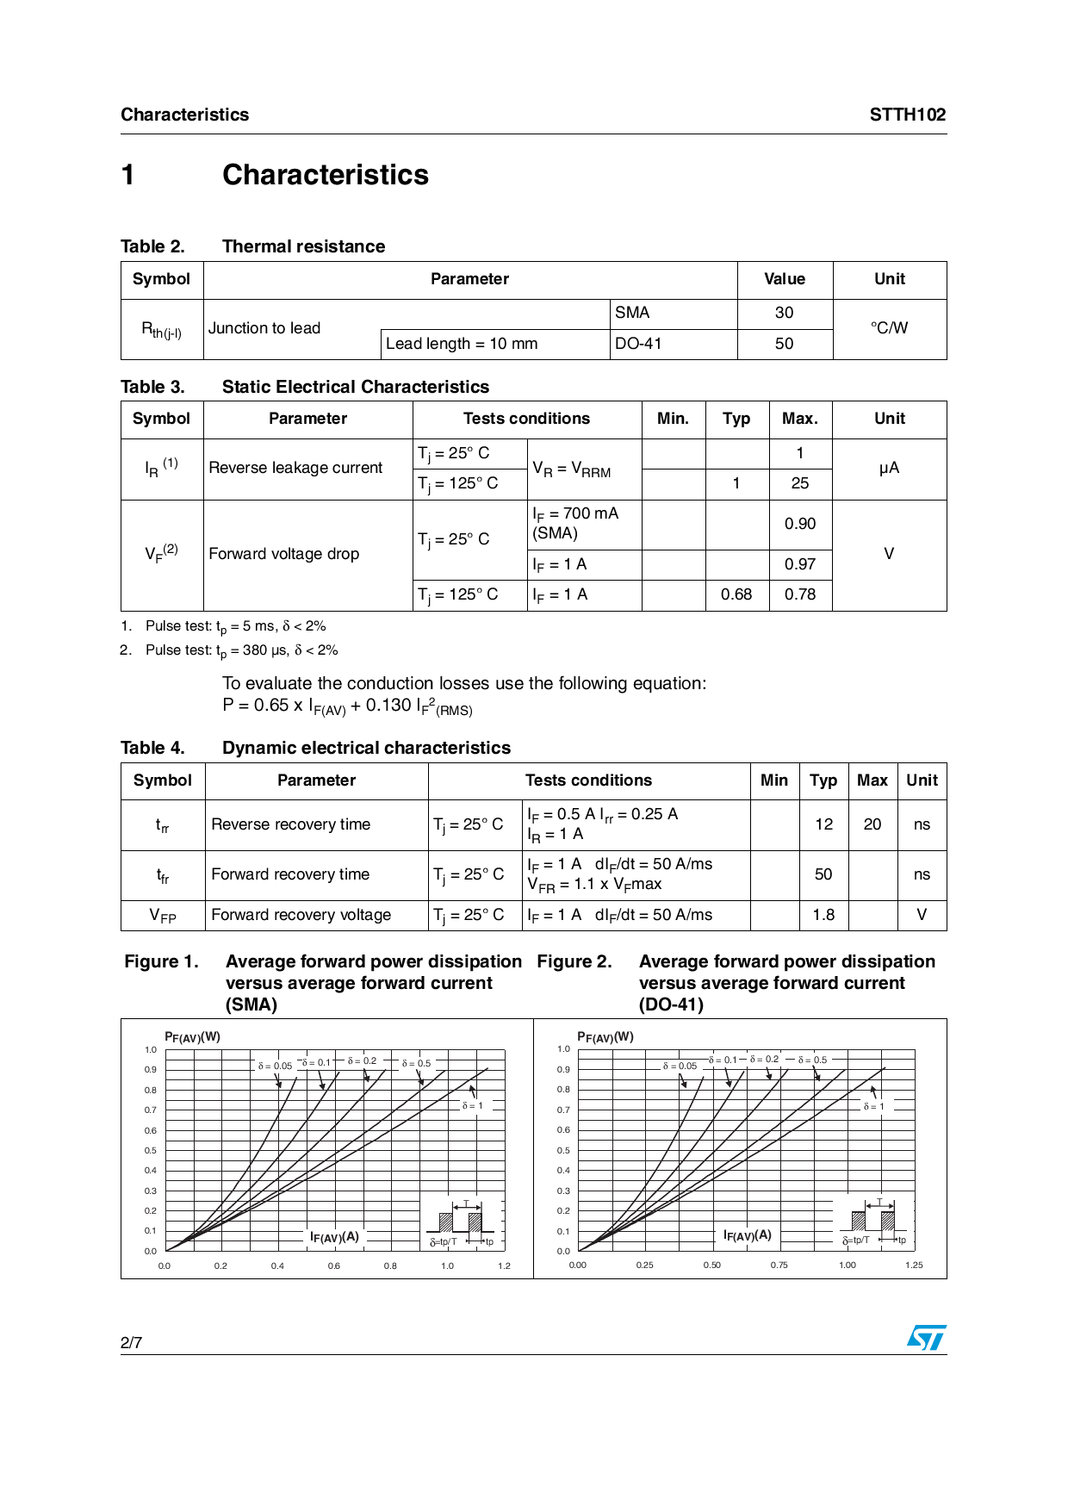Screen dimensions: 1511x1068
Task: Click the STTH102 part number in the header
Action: [x=907, y=115]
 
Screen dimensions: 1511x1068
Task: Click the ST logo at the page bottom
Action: [x=926, y=1338]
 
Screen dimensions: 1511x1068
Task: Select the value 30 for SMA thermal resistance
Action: [x=784, y=313]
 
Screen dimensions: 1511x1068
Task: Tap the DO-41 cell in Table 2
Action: [x=638, y=344]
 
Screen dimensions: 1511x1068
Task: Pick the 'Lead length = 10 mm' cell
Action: [x=462, y=344]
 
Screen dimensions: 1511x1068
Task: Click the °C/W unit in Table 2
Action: [x=889, y=328]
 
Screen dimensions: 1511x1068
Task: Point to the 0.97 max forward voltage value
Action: [x=799, y=564]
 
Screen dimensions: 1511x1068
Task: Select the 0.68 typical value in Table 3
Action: [x=736, y=594]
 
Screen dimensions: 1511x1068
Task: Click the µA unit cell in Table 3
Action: [x=889, y=468]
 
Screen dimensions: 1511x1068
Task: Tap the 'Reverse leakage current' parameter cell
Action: [x=295, y=468]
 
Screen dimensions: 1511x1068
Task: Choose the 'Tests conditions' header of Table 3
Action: [x=526, y=419]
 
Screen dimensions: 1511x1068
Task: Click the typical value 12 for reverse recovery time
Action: [x=823, y=824]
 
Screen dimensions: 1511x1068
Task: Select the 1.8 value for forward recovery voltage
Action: [x=823, y=915]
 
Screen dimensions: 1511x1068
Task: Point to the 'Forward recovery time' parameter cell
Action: [x=290, y=874]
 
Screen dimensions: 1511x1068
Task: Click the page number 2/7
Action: [x=131, y=1342]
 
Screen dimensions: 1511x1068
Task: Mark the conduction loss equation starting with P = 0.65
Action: [x=347, y=706]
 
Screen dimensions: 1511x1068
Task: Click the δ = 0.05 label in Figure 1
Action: [x=275, y=1066]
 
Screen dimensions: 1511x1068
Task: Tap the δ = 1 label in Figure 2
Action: [x=873, y=1106]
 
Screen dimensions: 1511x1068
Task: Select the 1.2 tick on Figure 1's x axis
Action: [x=504, y=1265]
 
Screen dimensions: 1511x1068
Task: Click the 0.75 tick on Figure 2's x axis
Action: [x=779, y=1265]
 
